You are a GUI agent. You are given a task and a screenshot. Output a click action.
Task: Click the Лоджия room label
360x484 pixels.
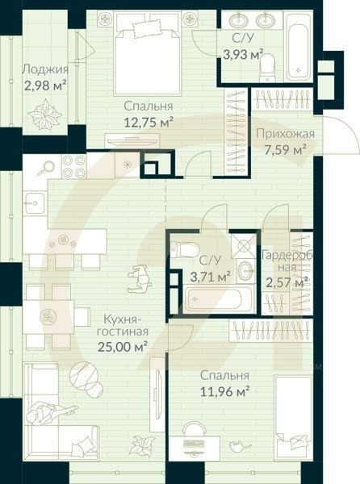tap(45, 69)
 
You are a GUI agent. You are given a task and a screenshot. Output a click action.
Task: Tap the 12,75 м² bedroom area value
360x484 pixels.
tap(148, 123)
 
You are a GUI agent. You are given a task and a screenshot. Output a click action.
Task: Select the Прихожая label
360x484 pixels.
tap(285, 134)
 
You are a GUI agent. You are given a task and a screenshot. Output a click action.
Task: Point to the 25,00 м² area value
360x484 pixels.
tap(122, 347)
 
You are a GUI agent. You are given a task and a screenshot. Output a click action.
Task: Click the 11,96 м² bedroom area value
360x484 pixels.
tap(224, 391)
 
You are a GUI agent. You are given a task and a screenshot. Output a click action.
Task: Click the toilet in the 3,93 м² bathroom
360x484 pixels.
tap(266, 68)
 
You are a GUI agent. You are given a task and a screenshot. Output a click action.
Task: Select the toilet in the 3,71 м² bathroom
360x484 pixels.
tap(184, 249)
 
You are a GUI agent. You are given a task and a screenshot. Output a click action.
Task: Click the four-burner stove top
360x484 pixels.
tap(73, 166)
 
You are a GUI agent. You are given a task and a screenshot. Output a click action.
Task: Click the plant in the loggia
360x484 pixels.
tap(45, 115)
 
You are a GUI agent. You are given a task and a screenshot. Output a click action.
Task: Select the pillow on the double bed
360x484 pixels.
tap(147, 27)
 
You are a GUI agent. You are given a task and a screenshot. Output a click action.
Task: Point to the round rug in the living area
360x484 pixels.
tap(84, 374)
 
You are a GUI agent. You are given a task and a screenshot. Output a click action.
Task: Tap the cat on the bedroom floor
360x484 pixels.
tap(241, 444)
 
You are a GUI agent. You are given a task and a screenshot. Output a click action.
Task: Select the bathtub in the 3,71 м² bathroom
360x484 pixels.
tap(213, 298)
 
